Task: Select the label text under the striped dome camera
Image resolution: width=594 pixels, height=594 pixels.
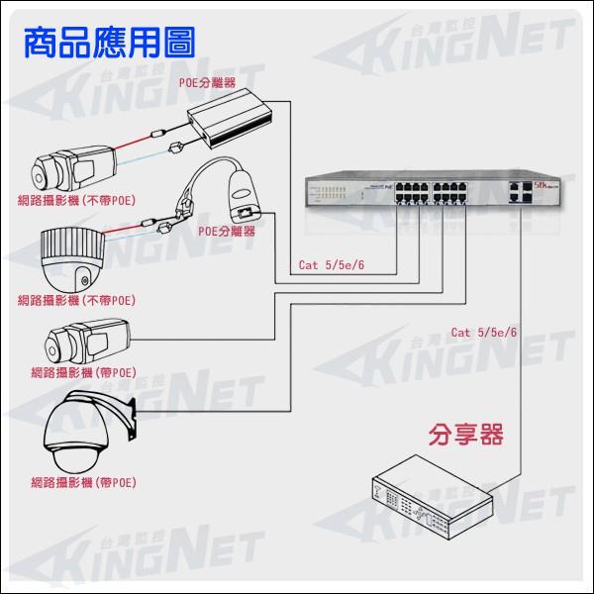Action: [x=77, y=299]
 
